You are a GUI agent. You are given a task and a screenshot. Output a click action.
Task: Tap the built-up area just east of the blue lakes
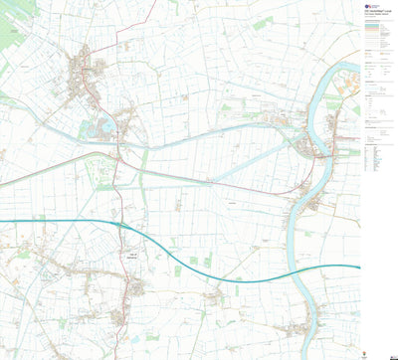pos(125,123)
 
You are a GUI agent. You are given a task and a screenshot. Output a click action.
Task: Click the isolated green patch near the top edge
pos(262,22)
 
